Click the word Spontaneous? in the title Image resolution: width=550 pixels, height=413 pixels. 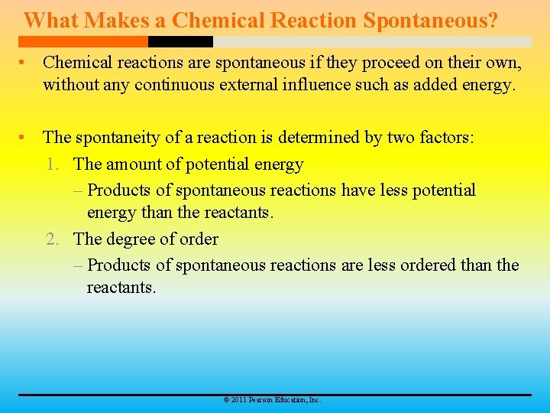[430, 20]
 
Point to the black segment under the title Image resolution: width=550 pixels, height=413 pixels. [180, 41]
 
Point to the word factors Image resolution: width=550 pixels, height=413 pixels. [447, 138]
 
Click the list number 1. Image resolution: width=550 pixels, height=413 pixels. [52, 164]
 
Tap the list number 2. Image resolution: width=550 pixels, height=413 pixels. [52, 239]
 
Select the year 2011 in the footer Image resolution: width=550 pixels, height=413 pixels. [238, 400]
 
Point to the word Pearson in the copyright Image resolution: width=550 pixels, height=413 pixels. [261, 400]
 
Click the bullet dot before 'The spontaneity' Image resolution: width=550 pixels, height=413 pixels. [26, 138]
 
